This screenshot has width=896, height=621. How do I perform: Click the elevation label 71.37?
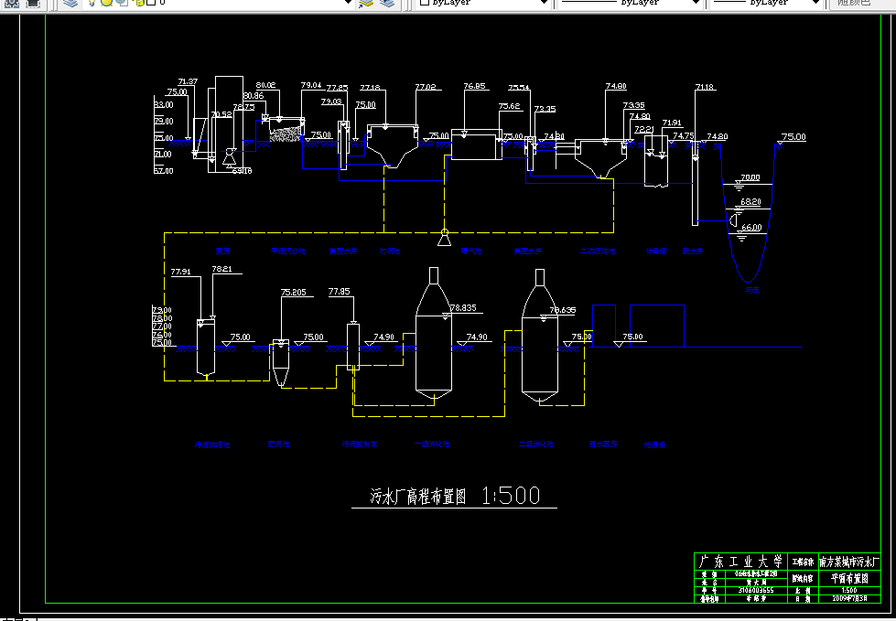(188, 82)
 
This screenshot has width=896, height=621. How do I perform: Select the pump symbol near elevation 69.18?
(229, 155)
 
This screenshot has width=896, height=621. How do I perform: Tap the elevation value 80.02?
(265, 85)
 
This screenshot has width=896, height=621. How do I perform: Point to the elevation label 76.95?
(474, 86)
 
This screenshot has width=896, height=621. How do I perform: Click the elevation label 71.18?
(705, 87)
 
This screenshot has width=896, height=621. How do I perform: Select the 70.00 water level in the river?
(750, 177)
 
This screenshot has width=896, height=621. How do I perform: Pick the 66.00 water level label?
(750, 227)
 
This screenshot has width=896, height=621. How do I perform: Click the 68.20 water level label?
(750, 201)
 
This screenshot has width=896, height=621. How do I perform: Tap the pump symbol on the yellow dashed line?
(444, 239)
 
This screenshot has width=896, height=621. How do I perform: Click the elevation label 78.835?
(464, 307)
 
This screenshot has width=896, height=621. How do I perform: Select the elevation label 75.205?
(293, 293)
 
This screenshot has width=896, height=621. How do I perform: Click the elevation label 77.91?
(180, 272)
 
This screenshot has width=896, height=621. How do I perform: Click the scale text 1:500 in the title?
(511, 496)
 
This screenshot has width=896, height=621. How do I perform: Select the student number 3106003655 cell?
(754, 590)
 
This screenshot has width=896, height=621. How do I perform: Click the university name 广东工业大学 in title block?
(740, 561)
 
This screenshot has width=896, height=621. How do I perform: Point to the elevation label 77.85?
(339, 292)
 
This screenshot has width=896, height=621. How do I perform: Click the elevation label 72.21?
(643, 130)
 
